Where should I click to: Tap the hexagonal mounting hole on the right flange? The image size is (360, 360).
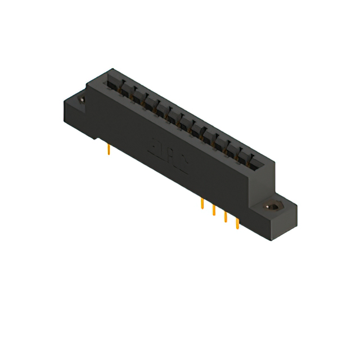click(274, 206)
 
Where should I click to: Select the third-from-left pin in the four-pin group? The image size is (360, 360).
click(226, 217)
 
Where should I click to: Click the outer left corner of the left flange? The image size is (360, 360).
click(64, 102)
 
